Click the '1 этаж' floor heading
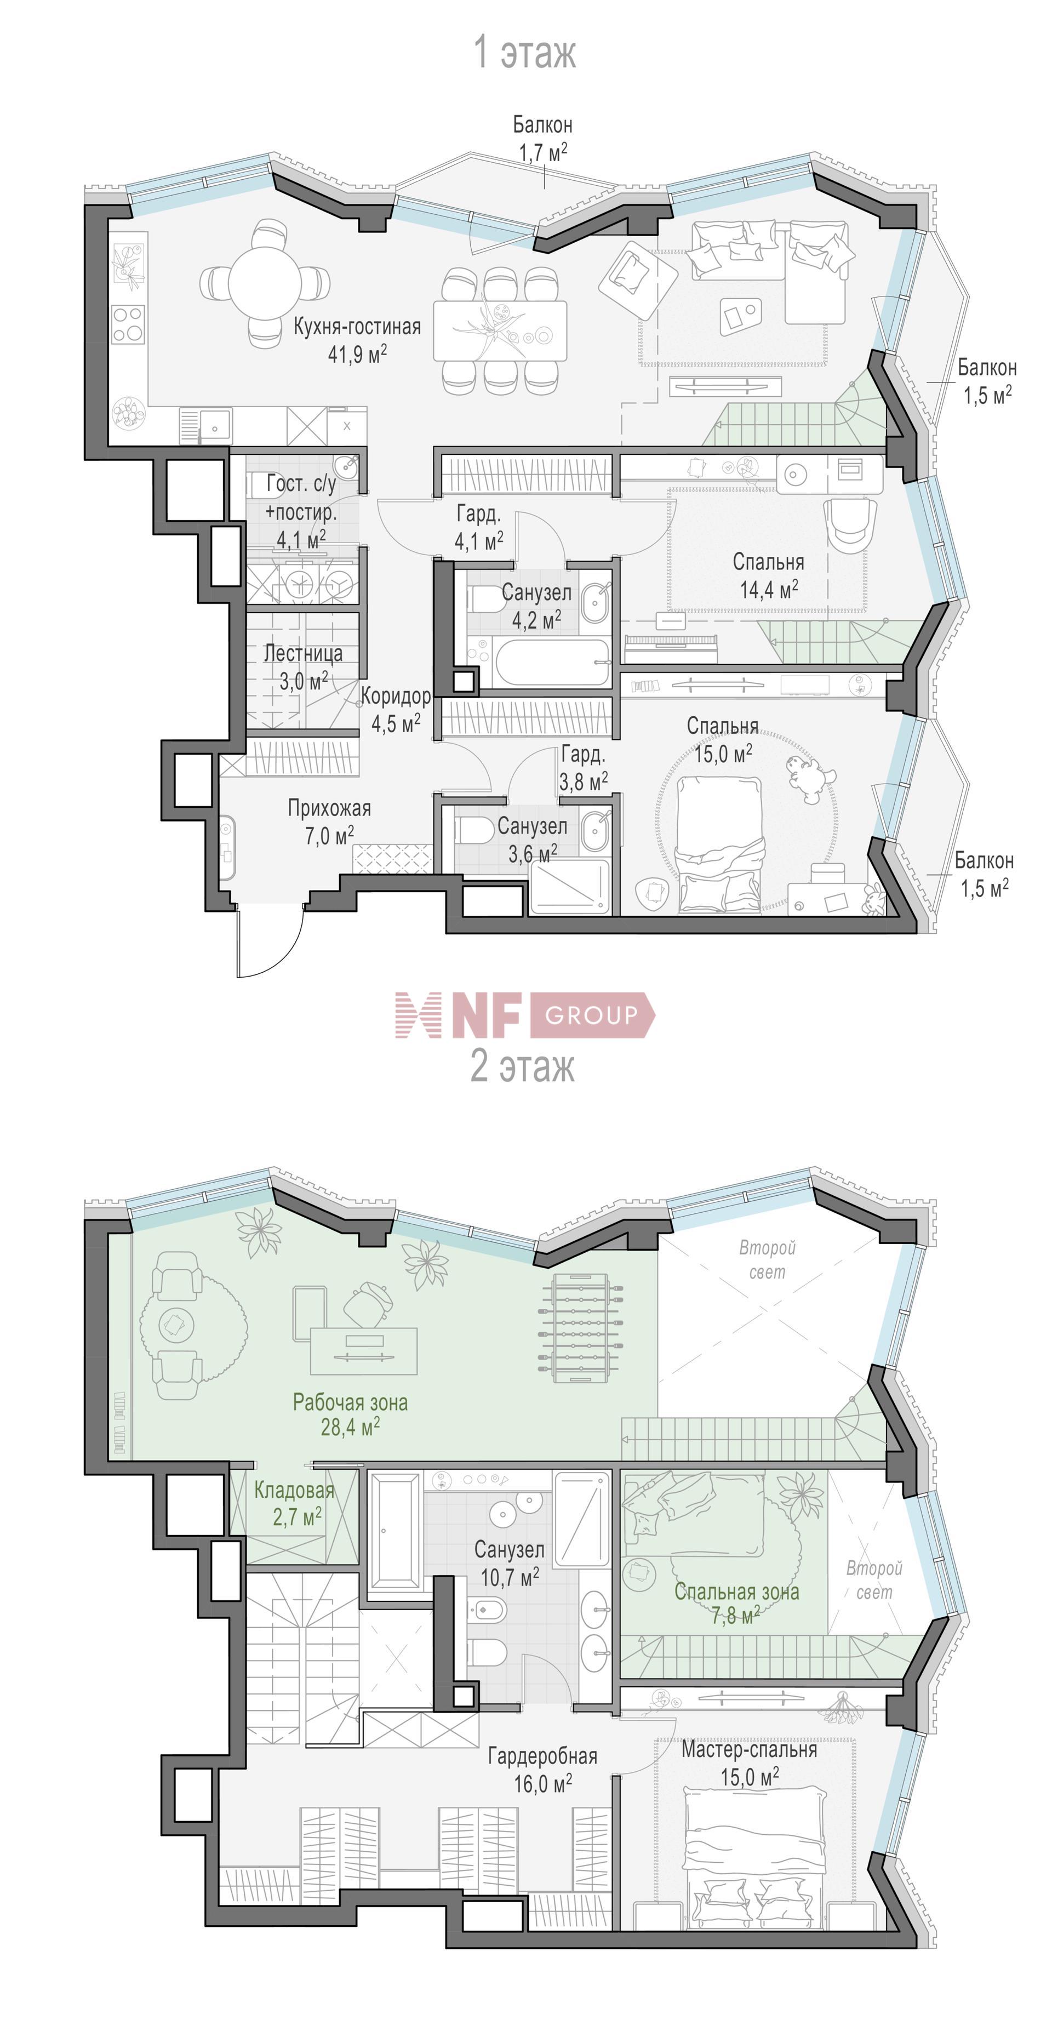(x=525, y=53)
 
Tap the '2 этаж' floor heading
(x=523, y=1067)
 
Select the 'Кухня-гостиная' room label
(x=357, y=327)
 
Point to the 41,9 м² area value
(x=357, y=354)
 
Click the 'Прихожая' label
(x=329, y=808)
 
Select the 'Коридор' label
(x=396, y=696)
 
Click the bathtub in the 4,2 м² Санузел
(x=552, y=662)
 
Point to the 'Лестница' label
(x=304, y=654)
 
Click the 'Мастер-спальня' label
(x=748, y=1749)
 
